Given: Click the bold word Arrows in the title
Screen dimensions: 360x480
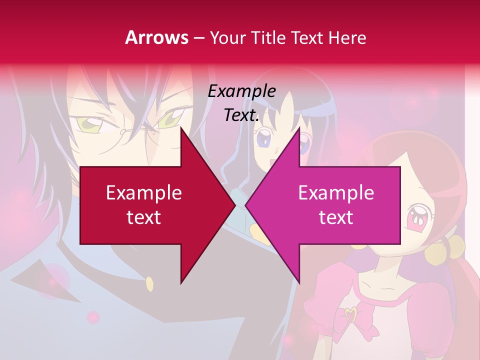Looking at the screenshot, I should pos(157,37).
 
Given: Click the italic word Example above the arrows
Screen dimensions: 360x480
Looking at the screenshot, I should pos(241,91).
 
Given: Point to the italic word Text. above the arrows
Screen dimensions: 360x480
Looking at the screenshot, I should pos(241,115).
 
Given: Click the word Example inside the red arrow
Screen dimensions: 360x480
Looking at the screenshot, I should pos(144,192).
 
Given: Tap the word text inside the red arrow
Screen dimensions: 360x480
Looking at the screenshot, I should pos(144,217).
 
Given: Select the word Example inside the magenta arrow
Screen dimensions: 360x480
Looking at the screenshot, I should pos(336,192).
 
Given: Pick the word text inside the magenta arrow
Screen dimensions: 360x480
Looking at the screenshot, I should pos(336,217).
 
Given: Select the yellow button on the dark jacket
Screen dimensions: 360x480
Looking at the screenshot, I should pos(149,284).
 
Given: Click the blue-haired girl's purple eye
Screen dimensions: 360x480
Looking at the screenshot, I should pos(263,138).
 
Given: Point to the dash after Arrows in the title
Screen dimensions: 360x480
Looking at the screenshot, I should pos(198,38).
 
